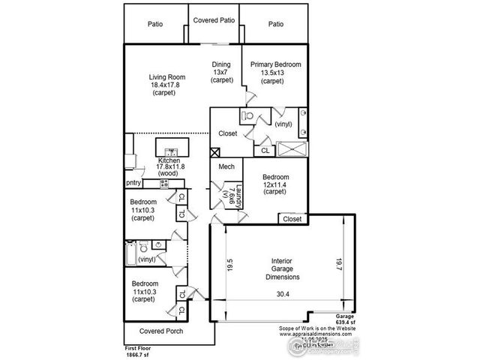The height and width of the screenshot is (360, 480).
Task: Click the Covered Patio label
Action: tap(214, 20)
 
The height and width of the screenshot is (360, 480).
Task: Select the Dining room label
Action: tap(221, 64)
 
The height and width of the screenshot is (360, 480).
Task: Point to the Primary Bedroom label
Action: tap(275, 65)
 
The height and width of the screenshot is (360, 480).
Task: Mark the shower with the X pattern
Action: tap(291, 149)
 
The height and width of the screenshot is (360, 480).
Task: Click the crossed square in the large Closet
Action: tap(215, 150)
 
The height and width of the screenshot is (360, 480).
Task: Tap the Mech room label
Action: tap(226, 168)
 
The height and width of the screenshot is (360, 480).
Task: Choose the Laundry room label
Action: tap(239, 197)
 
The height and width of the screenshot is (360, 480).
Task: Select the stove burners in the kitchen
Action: tap(162, 183)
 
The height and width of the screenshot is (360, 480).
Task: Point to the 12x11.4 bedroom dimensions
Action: tap(275, 185)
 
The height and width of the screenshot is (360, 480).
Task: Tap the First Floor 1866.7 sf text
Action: tap(139, 352)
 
